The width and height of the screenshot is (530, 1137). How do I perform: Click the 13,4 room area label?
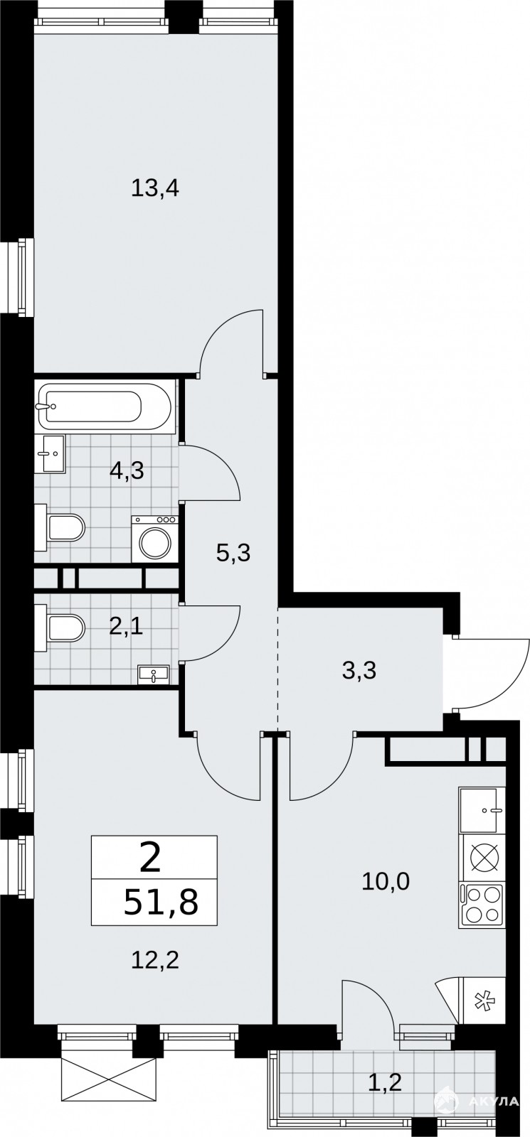155,188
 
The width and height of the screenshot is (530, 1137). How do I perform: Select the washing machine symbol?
154,539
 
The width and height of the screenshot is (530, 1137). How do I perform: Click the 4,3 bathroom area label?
127,470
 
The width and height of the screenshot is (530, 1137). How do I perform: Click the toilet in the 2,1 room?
60,628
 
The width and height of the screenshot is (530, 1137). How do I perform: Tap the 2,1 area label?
126,627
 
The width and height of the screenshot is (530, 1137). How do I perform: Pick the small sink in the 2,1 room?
153,674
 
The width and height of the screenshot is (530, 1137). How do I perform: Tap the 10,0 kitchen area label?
385,882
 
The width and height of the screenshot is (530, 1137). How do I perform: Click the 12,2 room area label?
155,960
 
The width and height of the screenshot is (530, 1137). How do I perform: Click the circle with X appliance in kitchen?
481,858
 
